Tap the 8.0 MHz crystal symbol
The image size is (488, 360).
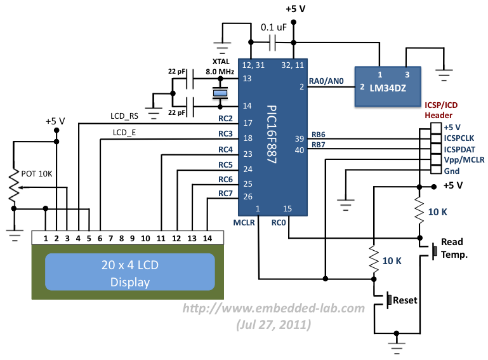[220, 94]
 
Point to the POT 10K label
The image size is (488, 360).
[37, 173]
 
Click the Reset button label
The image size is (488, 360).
[406, 300]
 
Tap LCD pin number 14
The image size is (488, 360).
[207, 238]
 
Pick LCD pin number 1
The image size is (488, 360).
[46, 238]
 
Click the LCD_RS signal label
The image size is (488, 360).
[124, 116]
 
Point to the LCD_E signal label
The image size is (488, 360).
[124, 132]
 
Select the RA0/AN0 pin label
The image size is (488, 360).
[326, 81]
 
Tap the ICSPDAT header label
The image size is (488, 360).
[460, 149]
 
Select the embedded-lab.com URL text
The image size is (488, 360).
[274, 309]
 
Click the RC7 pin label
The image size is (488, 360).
[226, 193]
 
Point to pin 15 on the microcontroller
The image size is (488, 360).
[287, 208]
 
